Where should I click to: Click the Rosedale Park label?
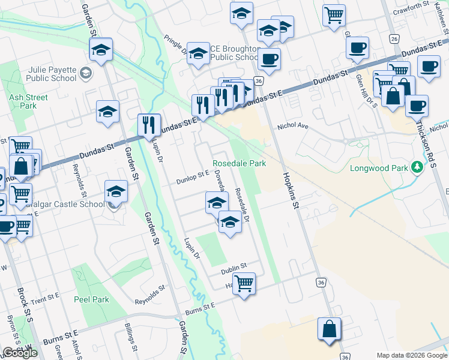[x=239, y=163]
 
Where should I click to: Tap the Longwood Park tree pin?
[x=417, y=167]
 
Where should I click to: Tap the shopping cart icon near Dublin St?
[x=244, y=283]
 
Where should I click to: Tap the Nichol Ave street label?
[x=292, y=127]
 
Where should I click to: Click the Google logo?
[x=20, y=353]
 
